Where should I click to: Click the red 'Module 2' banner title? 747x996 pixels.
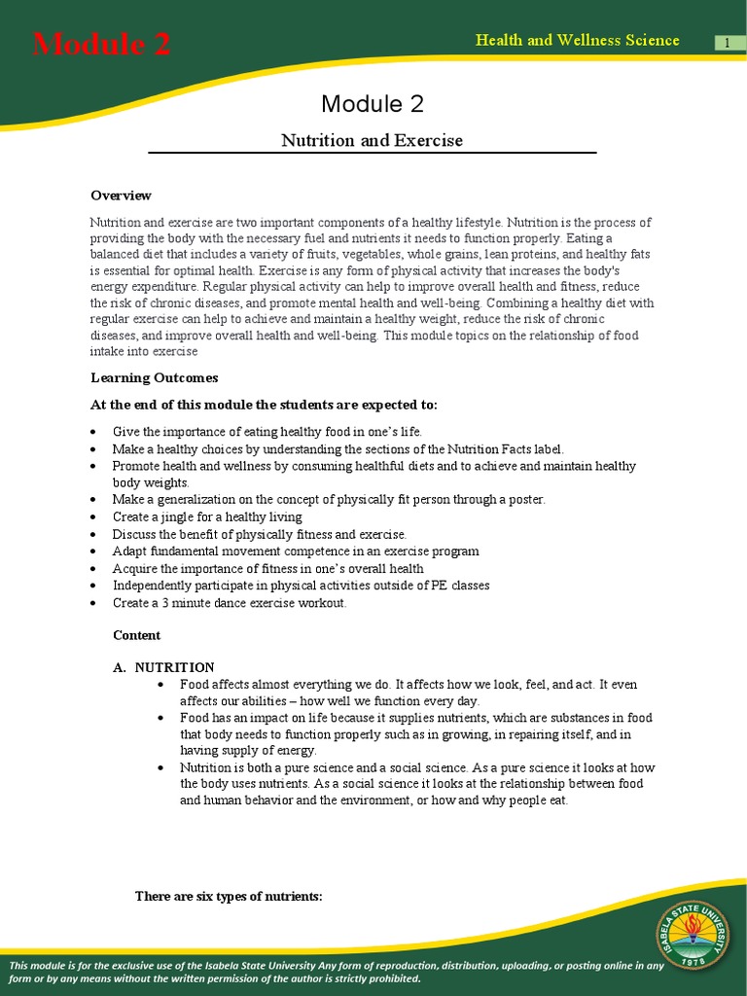[x=101, y=44]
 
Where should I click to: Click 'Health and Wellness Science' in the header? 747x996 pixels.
[x=577, y=40]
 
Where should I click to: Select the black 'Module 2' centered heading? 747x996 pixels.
[x=372, y=104]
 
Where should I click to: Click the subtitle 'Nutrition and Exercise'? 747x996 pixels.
[x=372, y=140]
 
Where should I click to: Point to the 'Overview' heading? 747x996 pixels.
[x=121, y=196]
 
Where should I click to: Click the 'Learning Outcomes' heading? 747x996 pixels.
[x=154, y=377]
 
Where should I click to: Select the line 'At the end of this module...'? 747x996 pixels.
[x=264, y=405]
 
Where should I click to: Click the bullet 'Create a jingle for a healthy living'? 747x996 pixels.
[x=207, y=517]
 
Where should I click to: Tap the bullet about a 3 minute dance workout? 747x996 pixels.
[x=229, y=603]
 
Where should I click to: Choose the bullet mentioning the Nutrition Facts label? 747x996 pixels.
[x=338, y=449]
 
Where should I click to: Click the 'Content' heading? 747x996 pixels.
[x=136, y=635]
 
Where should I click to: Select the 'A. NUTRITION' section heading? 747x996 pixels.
[x=163, y=667]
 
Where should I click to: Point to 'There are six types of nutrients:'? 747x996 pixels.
[x=228, y=896]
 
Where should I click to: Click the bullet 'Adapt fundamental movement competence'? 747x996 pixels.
[x=295, y=551]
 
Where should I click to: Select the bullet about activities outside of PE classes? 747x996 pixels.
[x=301, y=586]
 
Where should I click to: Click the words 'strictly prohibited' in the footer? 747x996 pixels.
[x=375, y=978]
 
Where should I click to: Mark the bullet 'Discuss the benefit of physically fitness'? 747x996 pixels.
[x=259, y=534]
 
